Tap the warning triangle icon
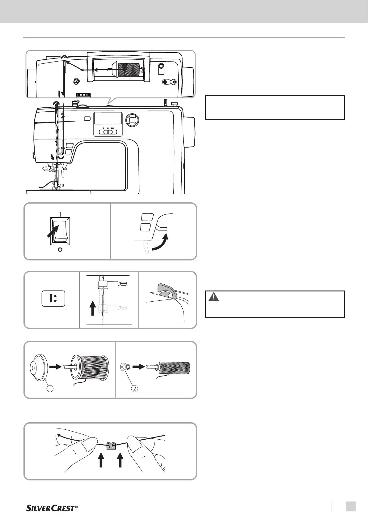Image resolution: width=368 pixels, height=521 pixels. (213, 297)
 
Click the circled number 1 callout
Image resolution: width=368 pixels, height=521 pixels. (49, 389)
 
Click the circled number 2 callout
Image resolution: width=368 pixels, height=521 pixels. (134, 389)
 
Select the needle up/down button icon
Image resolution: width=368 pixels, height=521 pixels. (53, 299)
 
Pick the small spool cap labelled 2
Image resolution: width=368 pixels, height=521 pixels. (125, 367)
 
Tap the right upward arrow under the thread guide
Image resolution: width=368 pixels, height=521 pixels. (121, 460)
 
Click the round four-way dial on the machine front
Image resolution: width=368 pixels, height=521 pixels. (132, 119)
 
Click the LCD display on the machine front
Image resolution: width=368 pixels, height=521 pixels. (108, 118)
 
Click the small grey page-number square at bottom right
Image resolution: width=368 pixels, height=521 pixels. (350, 506)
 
